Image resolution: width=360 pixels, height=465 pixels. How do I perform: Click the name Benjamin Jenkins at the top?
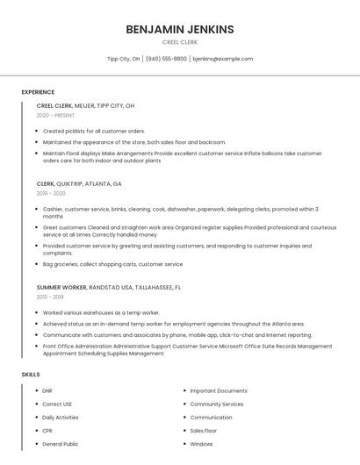pyautogui.click(x=180, y=29)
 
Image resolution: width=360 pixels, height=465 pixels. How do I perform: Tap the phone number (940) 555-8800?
pyautogui.click(x=167, y=59)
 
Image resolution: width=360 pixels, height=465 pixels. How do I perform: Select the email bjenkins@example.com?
pyautogui.click(x=222, y=59)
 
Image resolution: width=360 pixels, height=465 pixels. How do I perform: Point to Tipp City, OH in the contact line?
pyautogui.click(x=123, y=59)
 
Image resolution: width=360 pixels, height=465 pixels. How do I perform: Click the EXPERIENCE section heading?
pyautogui.click(x=38, y=92)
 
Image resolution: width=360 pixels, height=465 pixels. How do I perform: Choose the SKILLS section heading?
pyautogui.click(x=31, y=375)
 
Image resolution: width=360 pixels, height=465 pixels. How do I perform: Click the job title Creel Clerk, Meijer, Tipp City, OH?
pyautogui.click(x=85, y=105)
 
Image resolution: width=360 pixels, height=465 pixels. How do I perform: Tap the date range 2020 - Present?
pyautogui.click(x=55, y=115)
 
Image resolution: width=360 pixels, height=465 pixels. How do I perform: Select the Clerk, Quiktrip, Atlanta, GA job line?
pyautogui.click(x=79, y=184)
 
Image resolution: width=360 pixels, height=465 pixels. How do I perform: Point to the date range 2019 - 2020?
pyautogui.click(x=51, y=193)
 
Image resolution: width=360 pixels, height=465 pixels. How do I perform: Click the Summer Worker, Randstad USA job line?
pyautogui.click(x=109, y=287)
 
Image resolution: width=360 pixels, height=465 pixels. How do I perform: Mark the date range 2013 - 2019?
pyautogui.click(x=50, y=297)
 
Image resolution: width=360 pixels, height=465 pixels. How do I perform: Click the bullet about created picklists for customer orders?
pyautogui.click(x=94, y=131)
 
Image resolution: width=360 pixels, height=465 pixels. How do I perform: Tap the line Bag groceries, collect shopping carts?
pyautogui.click(x=112, y=264)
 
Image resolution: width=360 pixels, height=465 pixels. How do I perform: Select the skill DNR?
pyautogui.click(x=47, y=390)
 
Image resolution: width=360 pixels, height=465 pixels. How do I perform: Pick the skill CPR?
pyautogui.click(x=47, y=431)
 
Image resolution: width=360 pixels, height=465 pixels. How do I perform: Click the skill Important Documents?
pyautogui.click(x=219, y=390)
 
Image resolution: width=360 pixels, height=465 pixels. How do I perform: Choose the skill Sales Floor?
pyautogui.click(x=204, y=431)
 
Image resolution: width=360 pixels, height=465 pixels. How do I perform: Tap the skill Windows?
pyautogui.click(x=201, y=444)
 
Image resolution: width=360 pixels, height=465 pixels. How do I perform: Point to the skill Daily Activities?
pyautogui.click(x=61, y=418)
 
